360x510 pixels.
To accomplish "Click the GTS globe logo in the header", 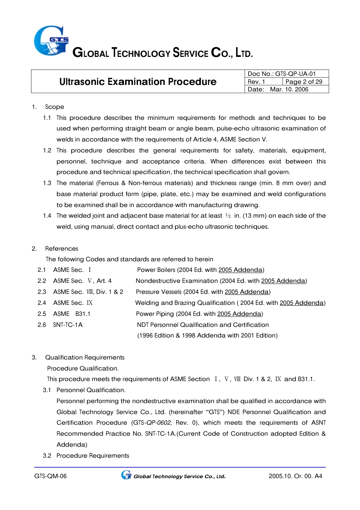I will coord(51,41).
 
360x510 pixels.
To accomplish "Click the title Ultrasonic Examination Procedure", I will coord(138,82).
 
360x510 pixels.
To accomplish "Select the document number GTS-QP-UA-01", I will coord(295,74).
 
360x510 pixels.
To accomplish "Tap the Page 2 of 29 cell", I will coord(304,82).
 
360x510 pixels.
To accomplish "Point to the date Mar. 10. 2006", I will coord(289,89).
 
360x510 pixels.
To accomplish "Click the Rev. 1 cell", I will coord(257,82).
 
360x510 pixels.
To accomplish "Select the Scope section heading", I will coord(55,107).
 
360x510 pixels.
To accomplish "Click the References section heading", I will coord(61,249).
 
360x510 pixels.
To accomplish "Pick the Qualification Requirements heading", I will coord(85,358).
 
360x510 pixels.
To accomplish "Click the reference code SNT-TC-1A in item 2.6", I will coord(68,325).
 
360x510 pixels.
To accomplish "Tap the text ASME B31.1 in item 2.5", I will coord(72,314).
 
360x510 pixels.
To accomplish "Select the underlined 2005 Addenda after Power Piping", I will coord(239,314).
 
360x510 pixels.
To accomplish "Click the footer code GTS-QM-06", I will coord(50,476).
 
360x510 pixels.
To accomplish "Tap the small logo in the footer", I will coord(126,475).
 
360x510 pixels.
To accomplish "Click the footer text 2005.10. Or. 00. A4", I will coord(295,476).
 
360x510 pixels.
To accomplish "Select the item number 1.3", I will coord(47,183).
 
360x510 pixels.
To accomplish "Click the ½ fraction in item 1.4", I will coord(228,216).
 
